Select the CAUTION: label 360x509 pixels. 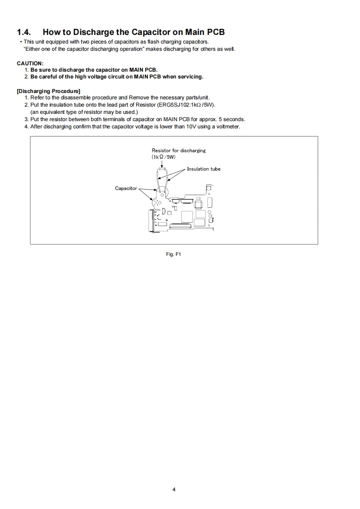tap(30, 63)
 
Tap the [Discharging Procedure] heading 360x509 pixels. tap(49, 91)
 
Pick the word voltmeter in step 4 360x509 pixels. tap(228, 126)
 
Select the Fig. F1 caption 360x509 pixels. tap(174, 254)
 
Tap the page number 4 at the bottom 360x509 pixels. tap(174, 489)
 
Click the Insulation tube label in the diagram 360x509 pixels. tap(203, 169)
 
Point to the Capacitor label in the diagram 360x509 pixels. tap(126, 188)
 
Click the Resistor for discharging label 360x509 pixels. tap(178, 150)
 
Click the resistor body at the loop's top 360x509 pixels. tap(162, 169)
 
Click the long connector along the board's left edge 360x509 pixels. tap(152, 222)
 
